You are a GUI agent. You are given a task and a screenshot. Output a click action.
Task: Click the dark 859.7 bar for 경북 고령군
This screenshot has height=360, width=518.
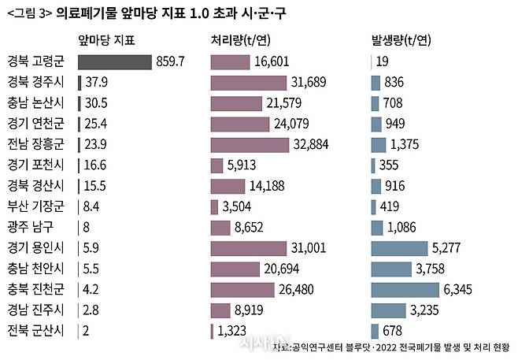click(x=115, y=62)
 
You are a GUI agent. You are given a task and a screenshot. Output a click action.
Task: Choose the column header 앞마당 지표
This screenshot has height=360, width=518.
click(x=107, y=39)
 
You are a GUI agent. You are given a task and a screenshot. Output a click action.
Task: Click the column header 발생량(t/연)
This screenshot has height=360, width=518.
click(x=401, y=39)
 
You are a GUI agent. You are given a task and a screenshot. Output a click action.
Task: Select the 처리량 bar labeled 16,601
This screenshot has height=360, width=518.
click(x=230, y=62)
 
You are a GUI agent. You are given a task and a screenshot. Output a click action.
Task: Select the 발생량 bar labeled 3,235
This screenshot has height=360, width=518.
click(x=389, y=309)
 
